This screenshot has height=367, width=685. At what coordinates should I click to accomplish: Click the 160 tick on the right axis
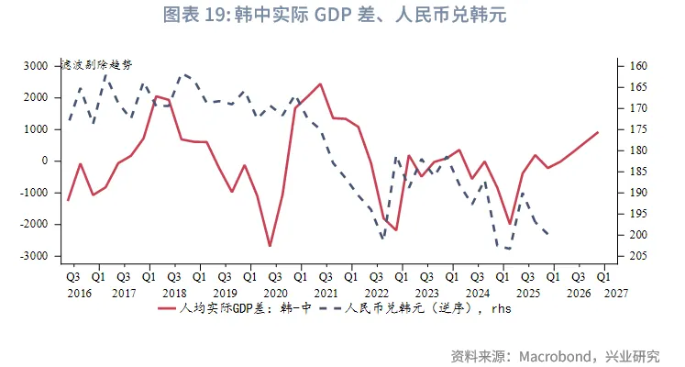(638, 66)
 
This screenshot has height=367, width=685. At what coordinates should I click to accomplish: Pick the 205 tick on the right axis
(638, 256)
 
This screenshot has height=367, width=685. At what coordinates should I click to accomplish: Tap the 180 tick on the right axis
(638, 150)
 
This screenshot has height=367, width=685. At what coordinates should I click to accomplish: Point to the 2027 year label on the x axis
(616, 293)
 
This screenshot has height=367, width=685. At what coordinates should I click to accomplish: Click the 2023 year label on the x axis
(425, 293)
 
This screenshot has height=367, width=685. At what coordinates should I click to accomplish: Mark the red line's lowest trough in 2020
(270, 246)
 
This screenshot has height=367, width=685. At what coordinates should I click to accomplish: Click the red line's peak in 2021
(320, 84)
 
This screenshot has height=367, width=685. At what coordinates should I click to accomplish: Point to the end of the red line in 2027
(598, 132)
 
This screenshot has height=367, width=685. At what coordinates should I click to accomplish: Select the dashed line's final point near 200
(548, 234)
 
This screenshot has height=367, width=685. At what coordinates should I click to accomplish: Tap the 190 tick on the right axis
(638, 193)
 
